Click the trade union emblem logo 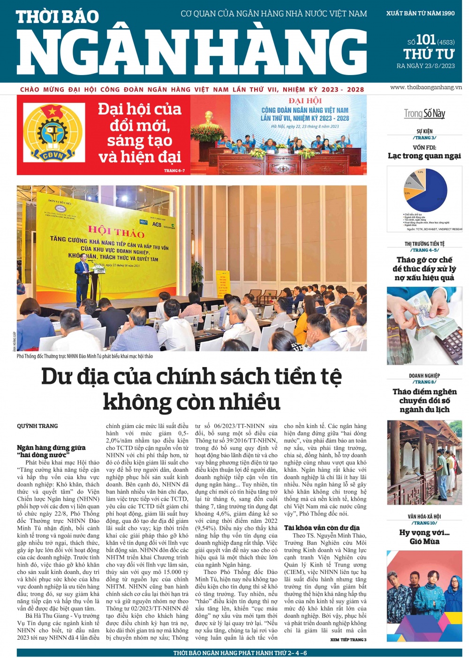(x=53, y=135)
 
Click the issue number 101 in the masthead (x=426, y=39)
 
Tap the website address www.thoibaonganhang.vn (x=425, y=87)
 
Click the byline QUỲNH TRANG (x=38, y=426)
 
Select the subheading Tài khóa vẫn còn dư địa (x=322, y=528)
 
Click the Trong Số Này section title (x=424, y=114)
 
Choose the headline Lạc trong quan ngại (x=424, y=156)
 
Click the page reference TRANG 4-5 (x=424, y=250)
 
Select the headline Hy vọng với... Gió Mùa (x=424, y=537)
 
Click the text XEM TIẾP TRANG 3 (x=348, y=640)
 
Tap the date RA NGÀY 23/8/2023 (x=425, y=66)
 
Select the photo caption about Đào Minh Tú (x=85, y=356)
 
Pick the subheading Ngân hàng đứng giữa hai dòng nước (x=51, y=451)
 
